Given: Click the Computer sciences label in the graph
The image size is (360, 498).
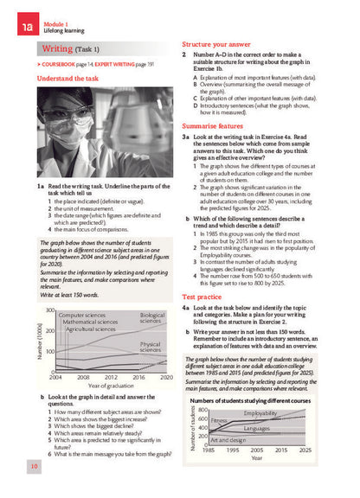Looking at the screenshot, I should click(x=84, y=316).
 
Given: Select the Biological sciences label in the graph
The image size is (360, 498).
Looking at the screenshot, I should click(x=151, y=318).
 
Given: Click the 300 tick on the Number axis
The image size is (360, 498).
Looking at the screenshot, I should click(x=50, y=310).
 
